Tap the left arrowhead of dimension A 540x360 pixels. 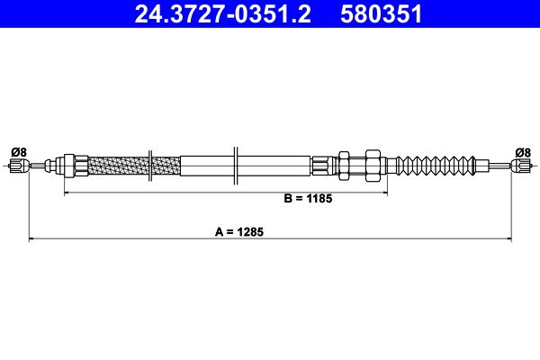pos(32,238)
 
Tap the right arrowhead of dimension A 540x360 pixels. pos(509,238)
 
